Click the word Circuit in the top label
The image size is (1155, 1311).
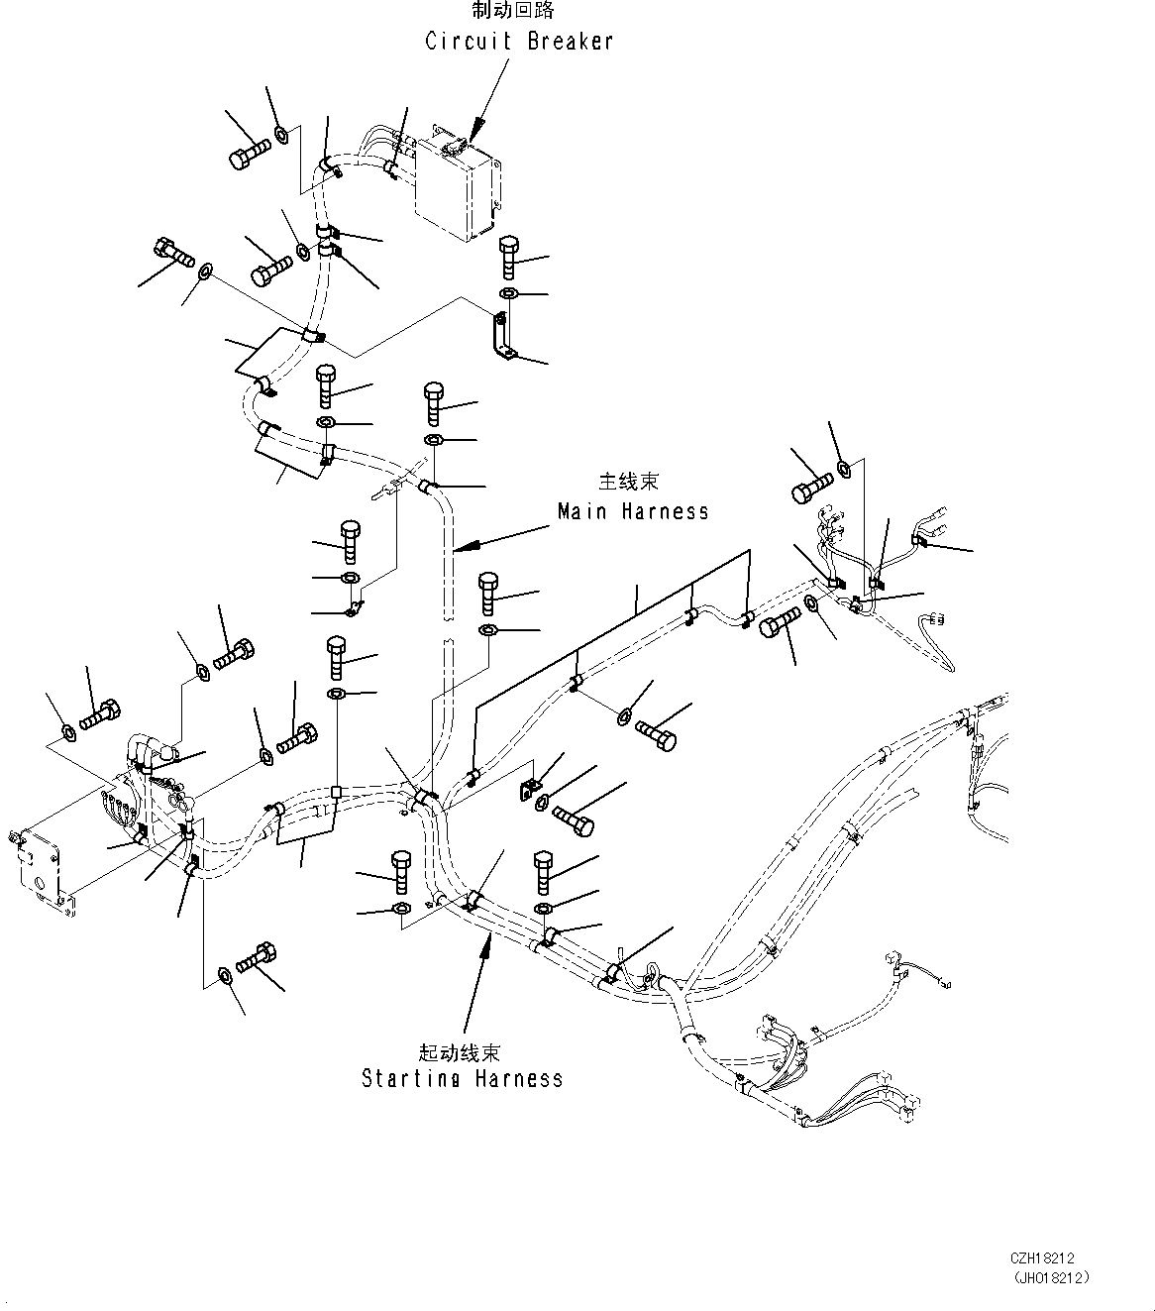(x=469, y=42)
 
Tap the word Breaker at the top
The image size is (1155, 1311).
(x=570, y=42)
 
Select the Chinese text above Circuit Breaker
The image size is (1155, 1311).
(x=513, y=10)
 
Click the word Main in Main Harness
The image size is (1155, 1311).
(x=582, y=511)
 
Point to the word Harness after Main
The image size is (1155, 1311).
(x=666, y=511)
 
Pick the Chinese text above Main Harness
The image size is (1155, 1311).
(x=628, y=482)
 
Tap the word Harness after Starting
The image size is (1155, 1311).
(x=519, y=1079)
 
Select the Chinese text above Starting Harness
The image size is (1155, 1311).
(x=459, y=1052)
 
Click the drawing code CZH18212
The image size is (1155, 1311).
(x=1042, y=1258)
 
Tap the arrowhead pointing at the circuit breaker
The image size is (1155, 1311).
(x=475, y=130)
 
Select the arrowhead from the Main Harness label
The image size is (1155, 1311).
(x=468, y=547)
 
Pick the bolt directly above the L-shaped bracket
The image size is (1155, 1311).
(x=509, y=257)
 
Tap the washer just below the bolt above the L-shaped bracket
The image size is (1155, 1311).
(x=508, y=293)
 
